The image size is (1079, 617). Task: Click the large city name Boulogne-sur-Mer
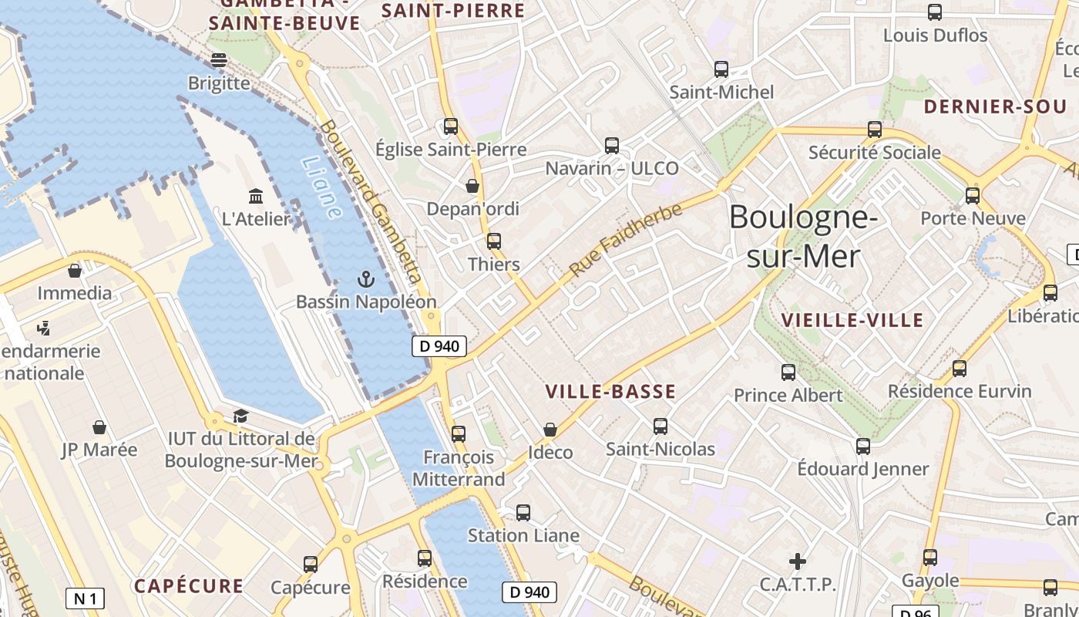803,236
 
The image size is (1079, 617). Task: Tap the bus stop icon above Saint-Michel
721,69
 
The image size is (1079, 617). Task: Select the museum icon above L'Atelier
256,196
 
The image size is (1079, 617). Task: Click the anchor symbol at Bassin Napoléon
366,279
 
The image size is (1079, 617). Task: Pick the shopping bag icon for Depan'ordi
472,186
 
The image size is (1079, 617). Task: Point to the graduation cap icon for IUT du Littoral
240,416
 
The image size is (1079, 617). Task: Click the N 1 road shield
85,598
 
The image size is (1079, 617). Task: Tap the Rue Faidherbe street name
626,240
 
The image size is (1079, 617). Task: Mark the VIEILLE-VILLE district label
852,320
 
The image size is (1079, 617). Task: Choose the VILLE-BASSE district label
610,392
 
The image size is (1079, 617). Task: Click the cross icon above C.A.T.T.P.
798,561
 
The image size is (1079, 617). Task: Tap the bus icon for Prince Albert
788,373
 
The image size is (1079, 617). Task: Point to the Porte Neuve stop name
973,218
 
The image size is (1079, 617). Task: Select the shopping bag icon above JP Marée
99,427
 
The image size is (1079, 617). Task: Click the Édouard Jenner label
862,469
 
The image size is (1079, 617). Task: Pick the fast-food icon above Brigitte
219,59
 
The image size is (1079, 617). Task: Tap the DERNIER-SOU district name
994,107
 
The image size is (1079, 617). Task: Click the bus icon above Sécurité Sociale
875,130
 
